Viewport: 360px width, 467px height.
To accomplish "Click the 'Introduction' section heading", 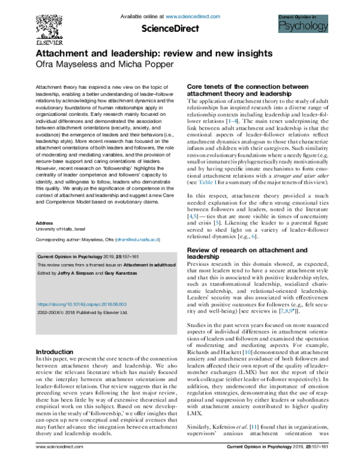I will click(55, 352).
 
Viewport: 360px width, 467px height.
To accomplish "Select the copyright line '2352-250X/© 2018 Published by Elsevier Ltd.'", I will click(83, 312).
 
